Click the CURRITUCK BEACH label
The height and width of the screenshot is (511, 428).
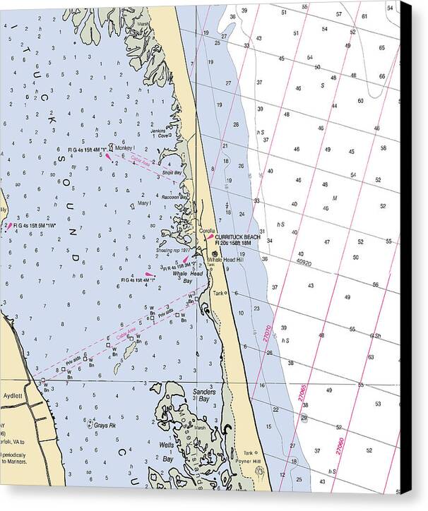[238, 237]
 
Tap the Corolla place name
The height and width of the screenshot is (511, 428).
[207, 231]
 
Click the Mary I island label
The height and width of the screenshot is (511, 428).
[144, 203]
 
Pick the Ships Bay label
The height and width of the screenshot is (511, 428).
[172, 172]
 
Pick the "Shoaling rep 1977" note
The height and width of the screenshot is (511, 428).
[173, 251]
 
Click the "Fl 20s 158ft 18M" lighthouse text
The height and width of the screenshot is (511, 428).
[239, 244]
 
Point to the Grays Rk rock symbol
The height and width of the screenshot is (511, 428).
[89, 425]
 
